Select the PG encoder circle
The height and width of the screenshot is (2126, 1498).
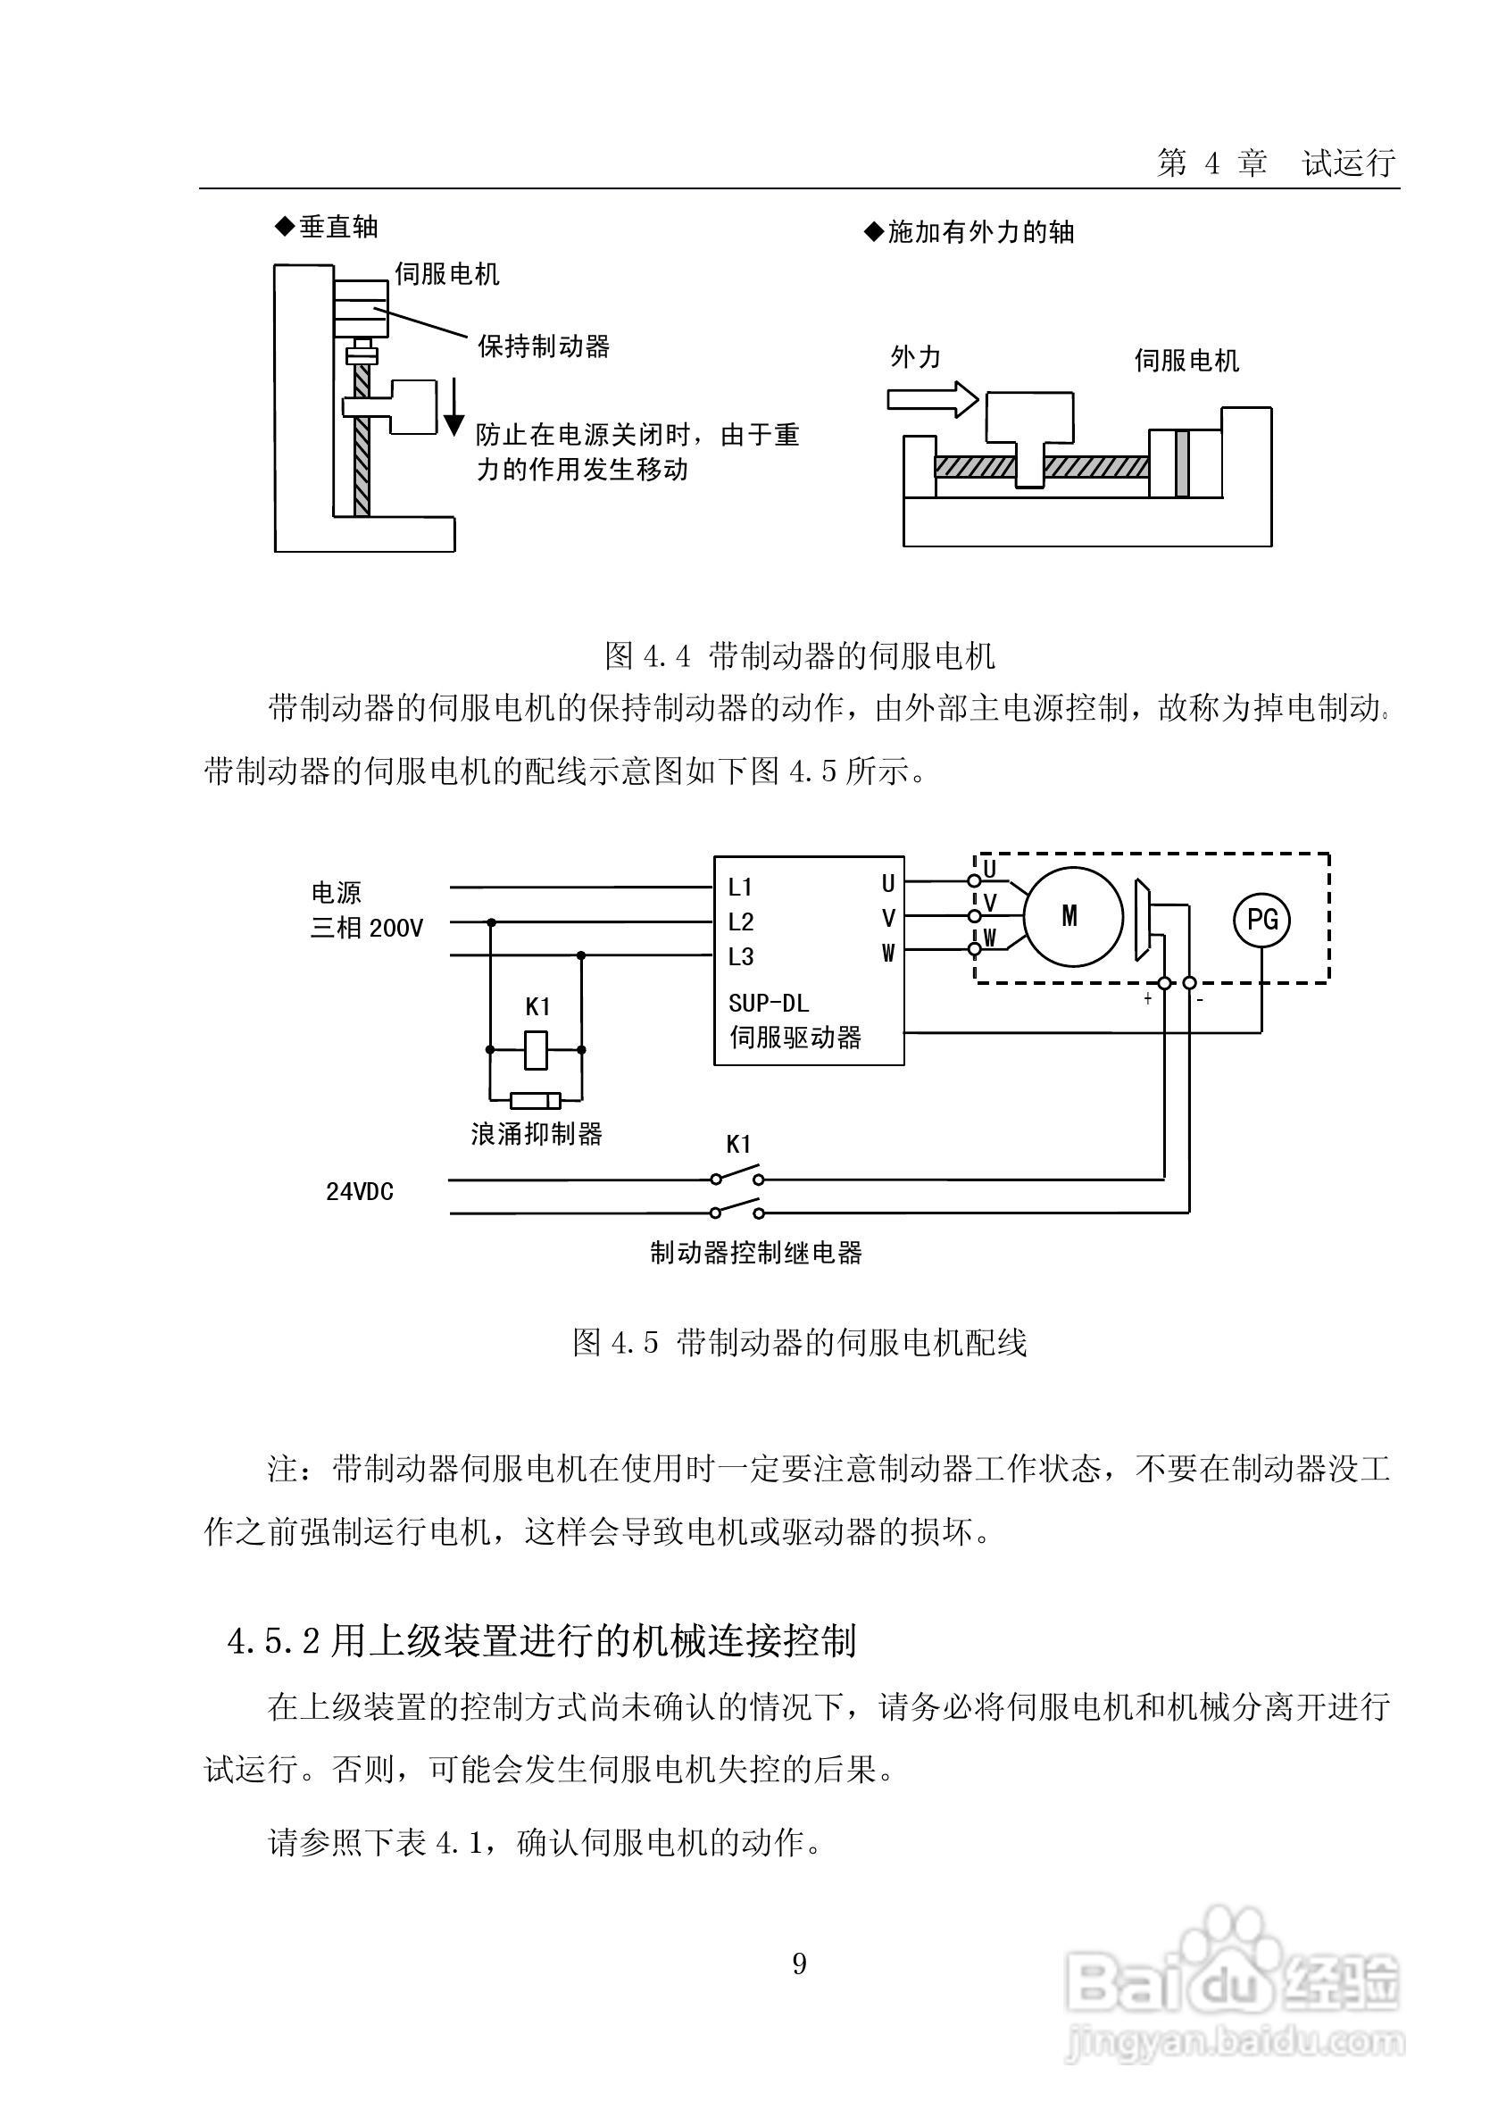coord(1263,919)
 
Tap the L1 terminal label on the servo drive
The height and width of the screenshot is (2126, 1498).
coord(741,887)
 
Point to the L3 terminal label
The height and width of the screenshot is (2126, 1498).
coord(741,956)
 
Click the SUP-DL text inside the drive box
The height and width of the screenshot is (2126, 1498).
coord(769,1003)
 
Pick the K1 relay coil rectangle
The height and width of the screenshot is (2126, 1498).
coord(536,1049)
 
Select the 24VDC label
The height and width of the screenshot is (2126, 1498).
coord(359,1192)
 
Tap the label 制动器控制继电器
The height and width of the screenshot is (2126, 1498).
coord(755,1253)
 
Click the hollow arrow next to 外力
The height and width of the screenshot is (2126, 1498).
coord(932,400)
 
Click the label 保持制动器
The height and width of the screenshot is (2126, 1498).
coord(544,346)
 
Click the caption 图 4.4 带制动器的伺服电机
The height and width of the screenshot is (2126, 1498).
coord(800,655)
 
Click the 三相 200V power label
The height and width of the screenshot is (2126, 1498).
coord(367,928)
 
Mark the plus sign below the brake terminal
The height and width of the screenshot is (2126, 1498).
coord(1148,999)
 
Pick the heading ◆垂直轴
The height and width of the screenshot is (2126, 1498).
coord(326,227)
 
